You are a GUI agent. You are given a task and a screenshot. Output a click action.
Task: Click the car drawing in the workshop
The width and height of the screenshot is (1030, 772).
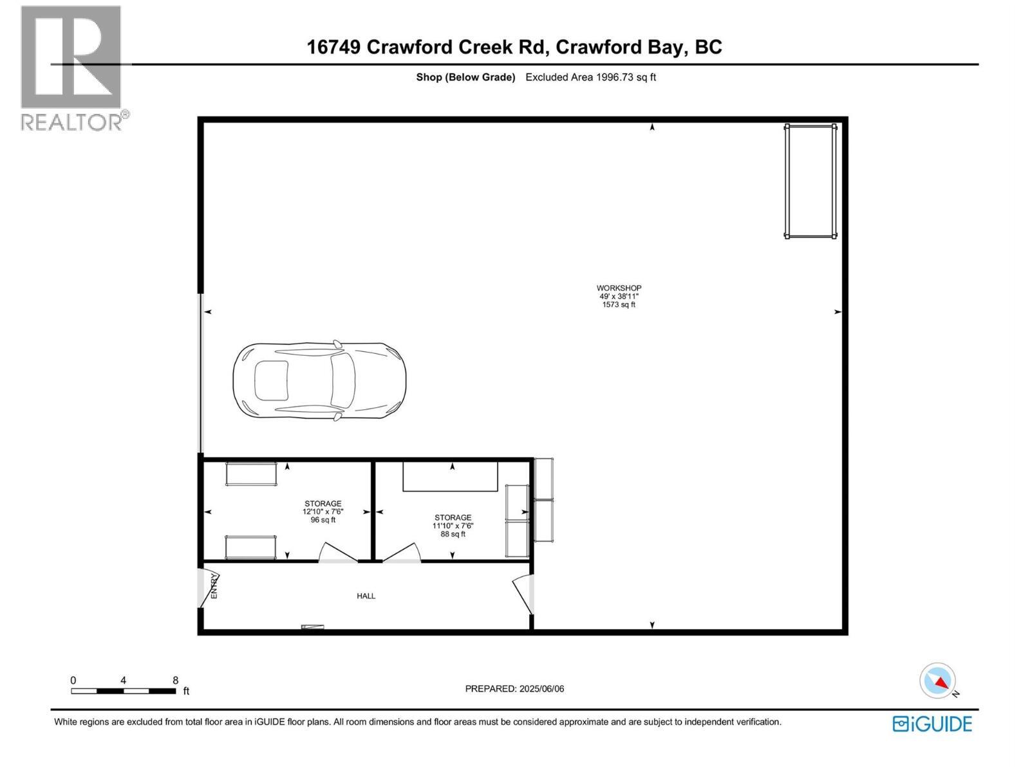319,381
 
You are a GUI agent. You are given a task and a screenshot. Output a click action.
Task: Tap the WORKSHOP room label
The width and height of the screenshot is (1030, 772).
619,288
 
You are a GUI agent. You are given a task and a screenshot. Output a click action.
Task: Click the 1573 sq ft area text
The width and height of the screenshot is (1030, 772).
619,305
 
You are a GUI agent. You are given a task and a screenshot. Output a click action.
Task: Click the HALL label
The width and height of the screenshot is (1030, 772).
366,596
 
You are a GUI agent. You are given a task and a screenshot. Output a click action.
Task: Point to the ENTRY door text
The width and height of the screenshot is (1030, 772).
214,586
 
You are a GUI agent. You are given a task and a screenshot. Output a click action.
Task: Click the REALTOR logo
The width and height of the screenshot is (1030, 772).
72,68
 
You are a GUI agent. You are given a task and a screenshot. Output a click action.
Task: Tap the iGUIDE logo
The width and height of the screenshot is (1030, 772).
932,724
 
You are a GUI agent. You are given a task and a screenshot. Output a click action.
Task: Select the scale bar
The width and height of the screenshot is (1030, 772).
123,691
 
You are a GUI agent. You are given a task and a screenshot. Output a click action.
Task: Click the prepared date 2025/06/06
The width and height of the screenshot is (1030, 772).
514,689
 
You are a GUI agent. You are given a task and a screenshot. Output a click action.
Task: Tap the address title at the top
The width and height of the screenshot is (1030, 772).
514,47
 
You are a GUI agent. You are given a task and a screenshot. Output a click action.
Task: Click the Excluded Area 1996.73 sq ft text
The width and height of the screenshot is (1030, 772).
590,77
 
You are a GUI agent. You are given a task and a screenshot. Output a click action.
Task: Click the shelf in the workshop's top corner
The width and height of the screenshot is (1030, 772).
810,182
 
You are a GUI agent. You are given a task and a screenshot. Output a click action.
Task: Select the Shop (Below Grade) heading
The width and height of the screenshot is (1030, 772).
465,77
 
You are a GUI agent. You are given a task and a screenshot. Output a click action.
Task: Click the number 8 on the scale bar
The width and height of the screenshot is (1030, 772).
175,680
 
